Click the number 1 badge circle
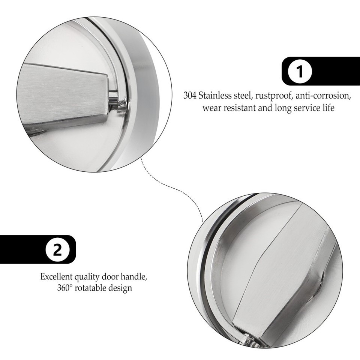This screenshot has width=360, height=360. coord(300,71)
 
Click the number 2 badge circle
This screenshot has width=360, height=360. coord(57,250)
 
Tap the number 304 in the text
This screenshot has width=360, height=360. coord(190,96)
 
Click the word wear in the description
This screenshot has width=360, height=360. coord(211,108)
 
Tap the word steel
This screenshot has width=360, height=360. coord(244,96)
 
